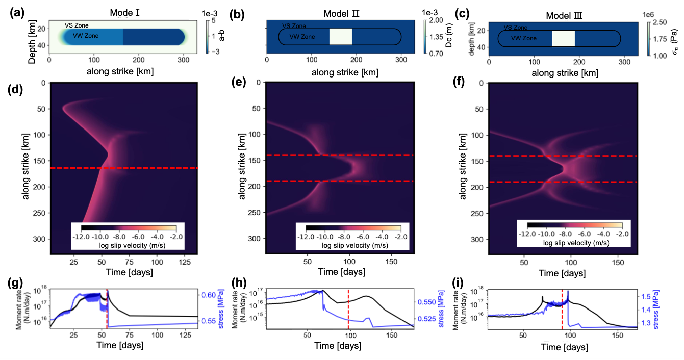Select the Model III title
(x=563, y=11)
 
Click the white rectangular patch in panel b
(x=341, y=37)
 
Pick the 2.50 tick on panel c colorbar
(x=656, y=22)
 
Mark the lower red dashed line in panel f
(x=563, y=182)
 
